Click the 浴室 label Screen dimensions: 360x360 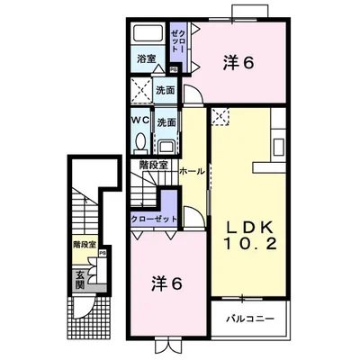(146, 59)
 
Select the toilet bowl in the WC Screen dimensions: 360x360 (141, 142)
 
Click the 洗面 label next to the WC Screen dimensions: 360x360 (166, 122)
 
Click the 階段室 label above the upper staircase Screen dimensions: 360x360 (155, 163)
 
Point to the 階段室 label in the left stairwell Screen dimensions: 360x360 (85, 244)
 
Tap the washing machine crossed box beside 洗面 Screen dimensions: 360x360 (140, 90)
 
